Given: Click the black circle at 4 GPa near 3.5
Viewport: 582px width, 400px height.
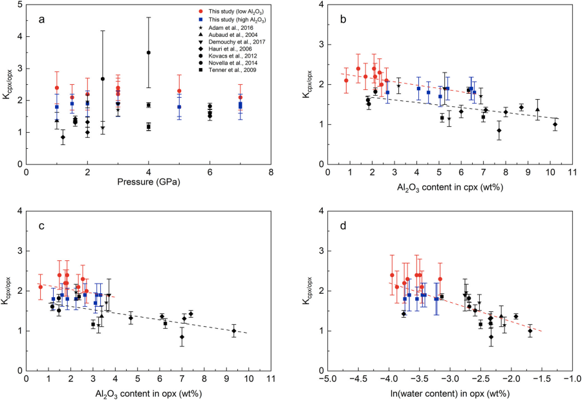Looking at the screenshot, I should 149,52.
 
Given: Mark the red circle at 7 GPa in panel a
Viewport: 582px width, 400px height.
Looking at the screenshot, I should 241,97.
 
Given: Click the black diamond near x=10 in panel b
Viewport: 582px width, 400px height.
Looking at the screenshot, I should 555,124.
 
